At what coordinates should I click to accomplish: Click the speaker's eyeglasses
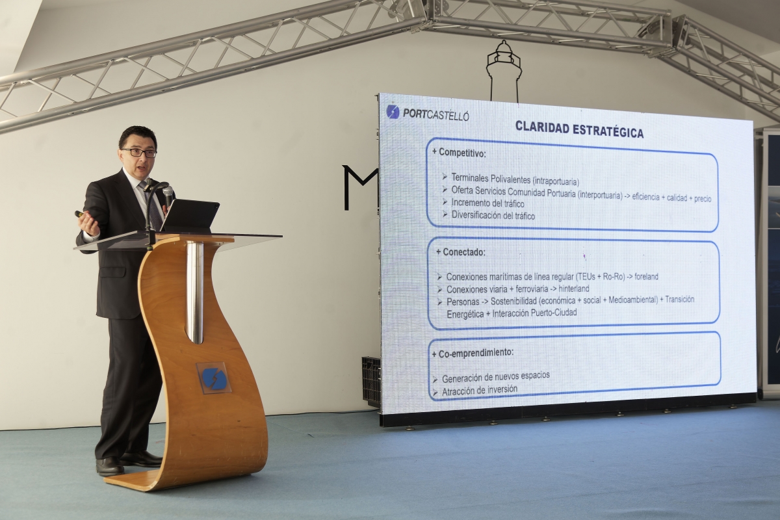click(x=139, y=153)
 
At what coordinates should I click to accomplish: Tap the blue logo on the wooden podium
click(x=214, y=378)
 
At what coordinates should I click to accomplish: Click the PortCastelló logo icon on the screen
click(x=393, y=112)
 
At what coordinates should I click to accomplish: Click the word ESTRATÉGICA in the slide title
click(x=608, y=131)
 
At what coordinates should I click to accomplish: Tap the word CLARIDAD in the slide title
click(x=541, y=127)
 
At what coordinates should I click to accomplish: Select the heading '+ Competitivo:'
click(x=459, y=152)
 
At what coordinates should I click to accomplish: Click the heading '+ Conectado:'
click(x=460, y=252)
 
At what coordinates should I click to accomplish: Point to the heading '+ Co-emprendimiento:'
click(x=473, y=353)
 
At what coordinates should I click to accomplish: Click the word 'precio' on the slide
click(x=703, y=199)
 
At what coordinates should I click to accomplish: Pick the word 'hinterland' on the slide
click(x=574, y=289)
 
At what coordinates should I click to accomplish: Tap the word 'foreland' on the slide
click(x=646, y=276)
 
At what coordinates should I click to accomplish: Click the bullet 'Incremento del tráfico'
click(x=487, y=203)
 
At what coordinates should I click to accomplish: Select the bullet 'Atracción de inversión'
click(x=480, y=390)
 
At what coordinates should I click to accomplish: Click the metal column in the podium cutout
click(x=194, y=292)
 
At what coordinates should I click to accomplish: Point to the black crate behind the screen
click(x=371, y=382)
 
